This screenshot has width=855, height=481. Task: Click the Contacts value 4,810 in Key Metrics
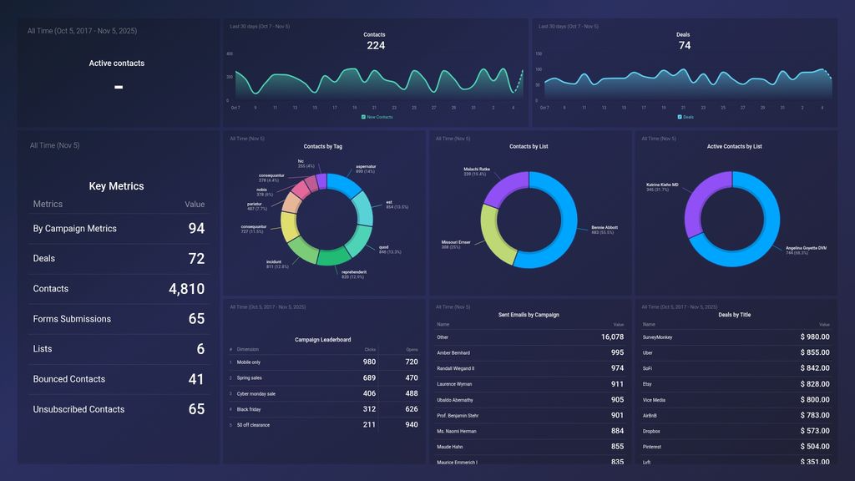pyautogui.click(x=186, y=289)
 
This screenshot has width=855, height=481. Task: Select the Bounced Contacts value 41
pyautogui.click(x=195, y=379)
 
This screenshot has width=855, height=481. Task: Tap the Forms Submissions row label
pyautogui.click(x=72, y=319)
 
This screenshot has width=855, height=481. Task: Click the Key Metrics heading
pyautogui.click(x=116, y=186)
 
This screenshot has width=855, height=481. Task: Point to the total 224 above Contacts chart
pyautogui.click(x=376, y=46)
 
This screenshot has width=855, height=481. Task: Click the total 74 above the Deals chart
pyautogui.click(x=684, y=46)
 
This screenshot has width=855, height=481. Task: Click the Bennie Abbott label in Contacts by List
pyautogui.click(x=605, y=227)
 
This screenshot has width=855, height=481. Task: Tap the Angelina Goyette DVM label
pyautogui.click(x=806, y=248)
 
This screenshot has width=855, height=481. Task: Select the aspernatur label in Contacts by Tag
pyautogui.click(x=366, y=166)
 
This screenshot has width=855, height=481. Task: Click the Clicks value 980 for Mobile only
pyautogui.click(x=369, y=362)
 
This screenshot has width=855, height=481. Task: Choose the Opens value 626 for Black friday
pyautogui.click(x=411, y=409)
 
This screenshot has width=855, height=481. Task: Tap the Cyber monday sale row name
pyautogui.click(x=256, y=393)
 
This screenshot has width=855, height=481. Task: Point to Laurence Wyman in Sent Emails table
pyautogui.click(x=454, y=384)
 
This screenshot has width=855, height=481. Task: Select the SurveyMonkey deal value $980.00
pyautogui.click(x=812, y=337)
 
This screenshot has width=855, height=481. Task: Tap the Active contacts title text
pyautogui.click(x=117, y=63)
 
